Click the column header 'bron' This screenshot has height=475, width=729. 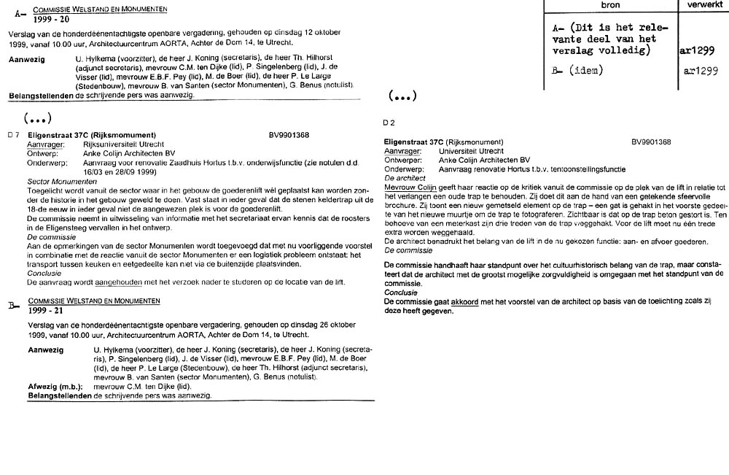tap(610, 4)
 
